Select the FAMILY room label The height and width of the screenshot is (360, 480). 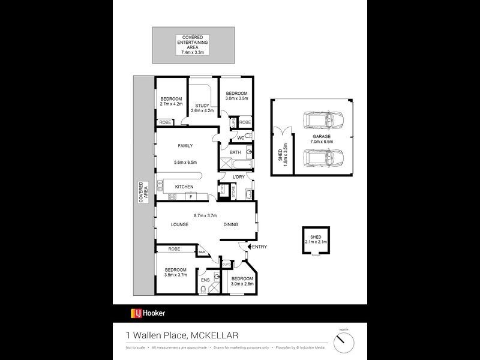tap(185, 146)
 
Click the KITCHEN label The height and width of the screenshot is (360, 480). tap(184, 187)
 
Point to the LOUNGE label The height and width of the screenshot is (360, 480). tap(179, 224)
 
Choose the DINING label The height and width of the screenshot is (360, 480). tap(231, 224)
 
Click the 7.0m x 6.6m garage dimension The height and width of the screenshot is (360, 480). tap(322, 141)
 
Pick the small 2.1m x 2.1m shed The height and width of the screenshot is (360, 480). tap(316, 240)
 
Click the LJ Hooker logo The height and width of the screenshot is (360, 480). tap(148, 313)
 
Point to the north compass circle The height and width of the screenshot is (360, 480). tap(344, 343)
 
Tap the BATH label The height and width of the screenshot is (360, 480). tap(235, 152)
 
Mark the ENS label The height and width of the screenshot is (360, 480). tap(205, 280)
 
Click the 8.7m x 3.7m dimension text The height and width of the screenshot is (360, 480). tap(205, 215)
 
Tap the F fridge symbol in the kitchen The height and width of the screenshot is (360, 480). tap(191, 196)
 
